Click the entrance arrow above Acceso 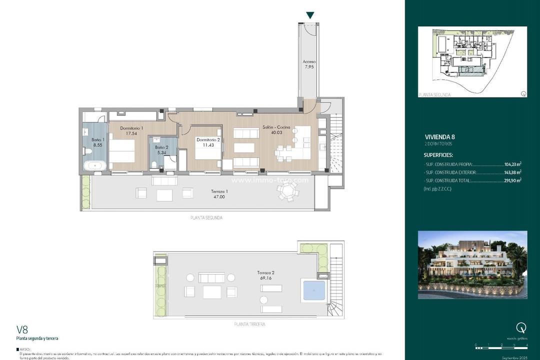310,15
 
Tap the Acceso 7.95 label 309,65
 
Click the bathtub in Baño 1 94,165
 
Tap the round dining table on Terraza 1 287,190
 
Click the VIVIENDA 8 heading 440,136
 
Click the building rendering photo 472,264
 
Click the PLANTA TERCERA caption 249,324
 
